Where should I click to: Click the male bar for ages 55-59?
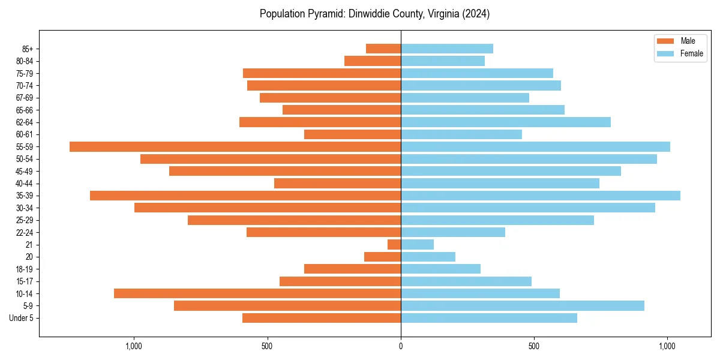[235, 146]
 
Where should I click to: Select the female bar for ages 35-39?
[540, 196]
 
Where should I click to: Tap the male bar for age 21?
[394, 245]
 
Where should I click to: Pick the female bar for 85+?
[447, 49]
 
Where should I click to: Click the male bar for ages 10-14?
[257, 293]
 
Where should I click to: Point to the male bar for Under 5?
[322, 318]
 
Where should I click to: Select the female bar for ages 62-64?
[506, 122]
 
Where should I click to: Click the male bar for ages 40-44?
[337, 183]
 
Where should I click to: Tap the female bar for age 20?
[428, 257]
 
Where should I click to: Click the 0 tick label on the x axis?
[401, 346]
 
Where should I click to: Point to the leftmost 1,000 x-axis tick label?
[133, 346]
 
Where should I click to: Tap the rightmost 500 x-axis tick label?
[534, 346]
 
